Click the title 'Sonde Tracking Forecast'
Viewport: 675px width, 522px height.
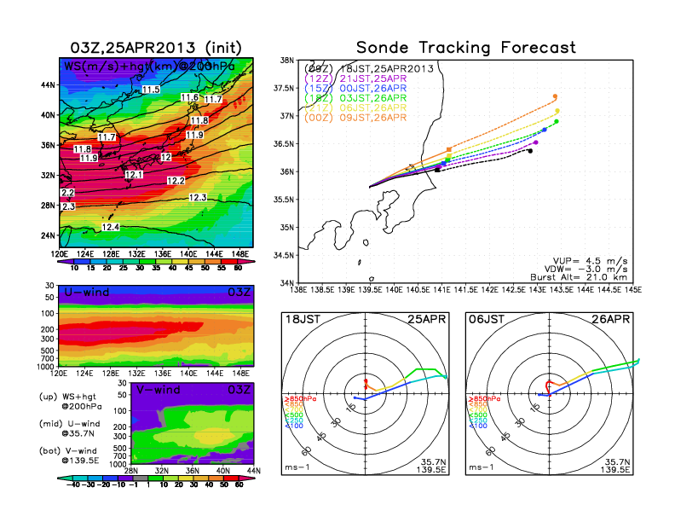(465, 48)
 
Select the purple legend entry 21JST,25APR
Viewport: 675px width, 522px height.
(369, 78)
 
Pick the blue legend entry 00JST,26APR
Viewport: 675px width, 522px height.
(369, 88)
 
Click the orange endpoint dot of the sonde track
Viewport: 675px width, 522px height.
(555, 96)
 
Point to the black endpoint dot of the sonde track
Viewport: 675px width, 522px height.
(530, 151)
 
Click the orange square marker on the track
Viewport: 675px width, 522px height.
(449, 149)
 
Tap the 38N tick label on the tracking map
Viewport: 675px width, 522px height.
(286, 61)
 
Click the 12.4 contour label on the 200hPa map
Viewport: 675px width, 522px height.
(111, 227)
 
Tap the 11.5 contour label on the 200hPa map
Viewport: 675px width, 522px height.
(151, 90)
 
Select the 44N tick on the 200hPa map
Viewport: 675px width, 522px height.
(48, 85)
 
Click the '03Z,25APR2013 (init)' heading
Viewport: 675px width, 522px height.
(156, 48)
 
